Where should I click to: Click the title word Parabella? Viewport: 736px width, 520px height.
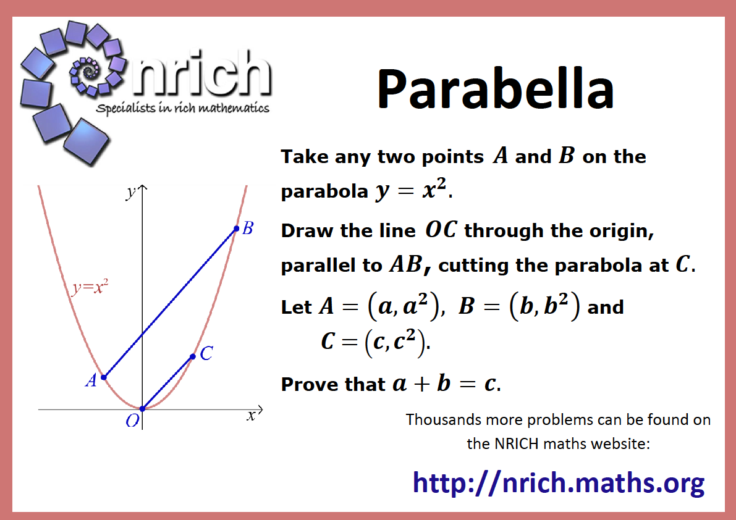click(x=496, y=88)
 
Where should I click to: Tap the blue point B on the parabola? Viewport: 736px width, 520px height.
click(x=237, y=229)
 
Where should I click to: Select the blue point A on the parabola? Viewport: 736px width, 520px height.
click(x=104, y=377)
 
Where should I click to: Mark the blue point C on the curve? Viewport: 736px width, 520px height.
click(x=192, y=357)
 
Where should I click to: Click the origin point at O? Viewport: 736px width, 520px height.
click(x=142, y=409)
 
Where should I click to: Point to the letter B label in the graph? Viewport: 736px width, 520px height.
click(x=248, y=229)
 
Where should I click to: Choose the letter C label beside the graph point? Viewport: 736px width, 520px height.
click(x=206, y=353)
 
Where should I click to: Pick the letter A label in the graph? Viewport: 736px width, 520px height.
click(x=91, y=380)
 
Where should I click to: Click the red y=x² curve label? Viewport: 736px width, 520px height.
click(x=90, y=287)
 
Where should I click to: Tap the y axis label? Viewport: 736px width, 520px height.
click(x=131, y=192)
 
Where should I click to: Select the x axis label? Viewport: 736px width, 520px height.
click(x=252, y=416)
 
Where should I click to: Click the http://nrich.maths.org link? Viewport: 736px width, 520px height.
click(x=559, y=482)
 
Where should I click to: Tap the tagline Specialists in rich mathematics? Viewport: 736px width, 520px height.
click(x=182, y=108)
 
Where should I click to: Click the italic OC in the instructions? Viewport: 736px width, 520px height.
click(x=441, y=230)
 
